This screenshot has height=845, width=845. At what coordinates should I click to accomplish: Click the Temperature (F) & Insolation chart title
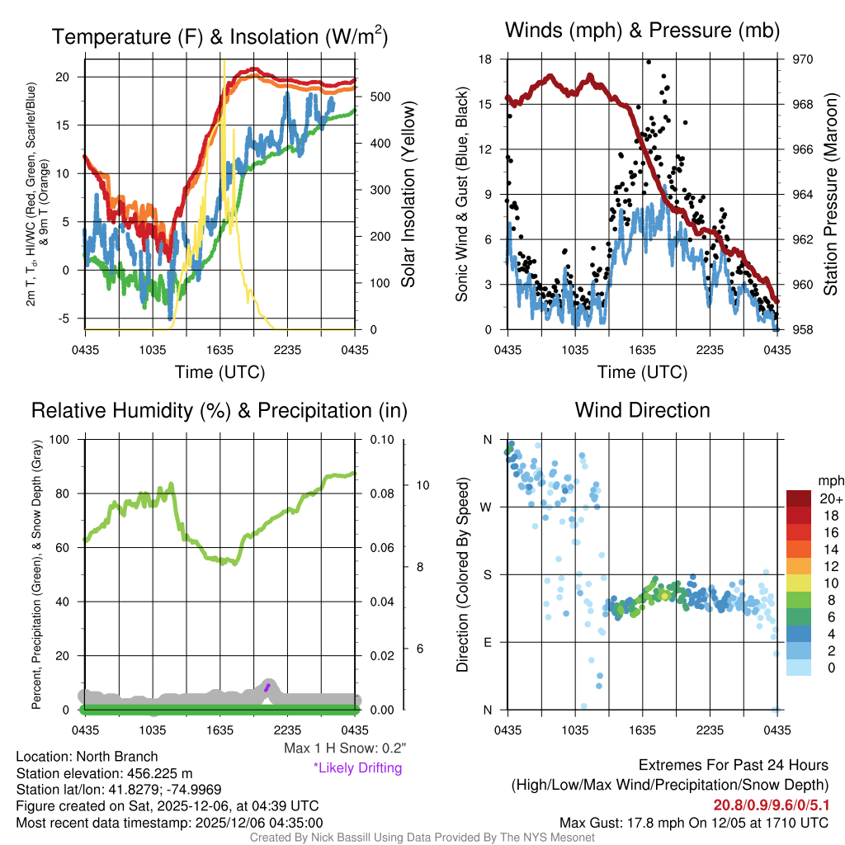click(x=220, y=36)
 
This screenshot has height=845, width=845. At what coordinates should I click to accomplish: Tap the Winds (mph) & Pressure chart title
click(x=642, y=31)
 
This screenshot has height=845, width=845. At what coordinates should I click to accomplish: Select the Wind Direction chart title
click(x=642, y=410)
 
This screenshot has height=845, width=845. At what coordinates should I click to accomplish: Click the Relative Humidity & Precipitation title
click(x=219, y=410)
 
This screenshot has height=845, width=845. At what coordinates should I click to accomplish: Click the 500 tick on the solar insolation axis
click(x=380, y=97)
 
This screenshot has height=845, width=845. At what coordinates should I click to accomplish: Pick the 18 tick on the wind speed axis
click(x=485, y=59)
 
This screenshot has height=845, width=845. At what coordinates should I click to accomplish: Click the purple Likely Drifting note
click(x=357, y=767)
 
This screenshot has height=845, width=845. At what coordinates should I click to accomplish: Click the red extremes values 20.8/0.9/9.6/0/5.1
click(x=770, y=805)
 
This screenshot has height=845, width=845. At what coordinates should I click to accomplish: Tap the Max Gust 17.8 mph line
click(x=693, y=822)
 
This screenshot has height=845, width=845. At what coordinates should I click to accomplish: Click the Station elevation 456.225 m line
click(x=104, y=773)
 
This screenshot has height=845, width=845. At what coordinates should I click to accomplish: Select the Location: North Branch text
click(x=87, y=757)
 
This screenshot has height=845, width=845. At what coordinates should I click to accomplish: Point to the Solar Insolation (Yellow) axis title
click(x=408, y=194)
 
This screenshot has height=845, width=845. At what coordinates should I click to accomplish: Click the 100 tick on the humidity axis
click(x=63, y=439)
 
